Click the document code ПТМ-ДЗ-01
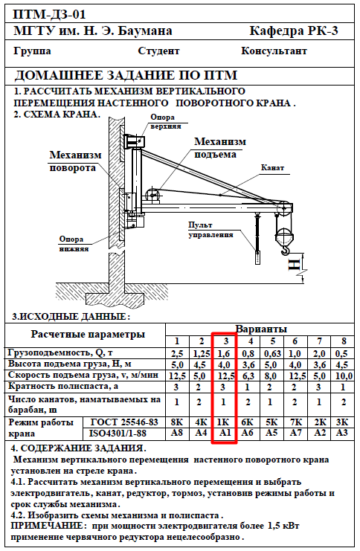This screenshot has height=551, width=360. point(50,14)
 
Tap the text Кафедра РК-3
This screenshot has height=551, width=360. point(294,31)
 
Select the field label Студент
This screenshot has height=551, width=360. point(158,51)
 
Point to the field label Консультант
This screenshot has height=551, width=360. point(274,51)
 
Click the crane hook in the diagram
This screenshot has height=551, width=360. point(286,249)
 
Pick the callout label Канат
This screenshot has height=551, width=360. point(272,167)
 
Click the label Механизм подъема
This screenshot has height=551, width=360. point(220,148)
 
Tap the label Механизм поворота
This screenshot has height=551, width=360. point(75,161)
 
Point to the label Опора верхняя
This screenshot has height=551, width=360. point(166,122)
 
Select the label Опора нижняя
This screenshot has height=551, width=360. point(74,244)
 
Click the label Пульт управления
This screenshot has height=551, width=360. point(210,230)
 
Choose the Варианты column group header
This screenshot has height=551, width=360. point(261,329)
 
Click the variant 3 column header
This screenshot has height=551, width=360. point(225,341)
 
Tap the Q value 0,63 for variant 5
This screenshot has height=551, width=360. point(271,353)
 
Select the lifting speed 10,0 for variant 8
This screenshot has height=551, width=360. point(344,376)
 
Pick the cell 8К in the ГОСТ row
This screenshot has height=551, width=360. point(177,422)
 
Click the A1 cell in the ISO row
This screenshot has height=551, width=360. point(225,433)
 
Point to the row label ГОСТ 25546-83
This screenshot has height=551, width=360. point(124,422)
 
